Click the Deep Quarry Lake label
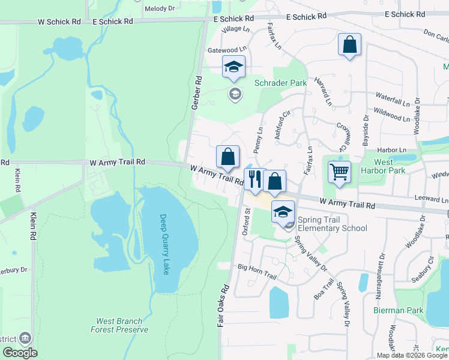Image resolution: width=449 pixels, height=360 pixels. coord(164,244)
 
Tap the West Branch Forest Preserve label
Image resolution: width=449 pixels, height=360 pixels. coord(119,325)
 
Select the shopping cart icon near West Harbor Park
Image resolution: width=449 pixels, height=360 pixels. coord(339,172)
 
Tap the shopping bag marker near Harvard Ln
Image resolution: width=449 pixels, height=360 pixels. coord(349,44)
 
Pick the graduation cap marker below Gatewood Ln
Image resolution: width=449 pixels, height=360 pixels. coord(234,67)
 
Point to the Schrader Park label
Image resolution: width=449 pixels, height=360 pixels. coord(280,83)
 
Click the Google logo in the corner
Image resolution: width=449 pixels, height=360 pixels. coord(20,353)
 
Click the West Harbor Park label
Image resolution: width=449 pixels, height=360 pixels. coord(384,166)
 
